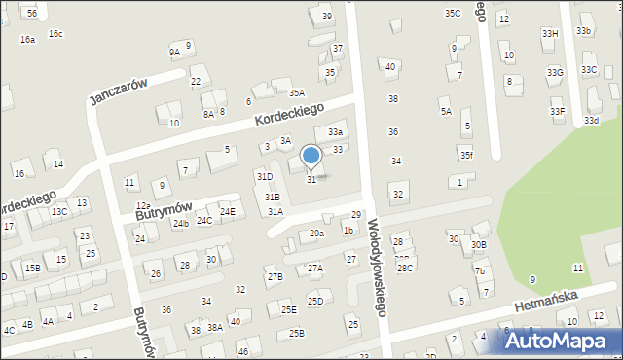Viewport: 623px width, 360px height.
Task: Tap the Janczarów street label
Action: pyautogui.click(x=117, y=91)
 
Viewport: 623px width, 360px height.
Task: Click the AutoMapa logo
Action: pyautogui.click(x=560, y=341)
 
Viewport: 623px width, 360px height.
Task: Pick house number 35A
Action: pyautogui.click(x=296, y=93)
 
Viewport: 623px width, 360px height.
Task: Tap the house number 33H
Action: pyautogui.click(x=550, y=34)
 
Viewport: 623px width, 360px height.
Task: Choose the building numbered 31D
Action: pyautogui.click(x=264, y=176)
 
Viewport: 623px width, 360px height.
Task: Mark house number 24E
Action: pyautogui.click(x=227, y=212)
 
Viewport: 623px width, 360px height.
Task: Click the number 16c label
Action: pyautogui.click(x=55, y=34)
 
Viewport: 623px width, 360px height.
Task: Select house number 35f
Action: pyautogui.click(x=467, y=155)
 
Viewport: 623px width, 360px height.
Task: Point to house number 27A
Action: pyautogui.click(x=314, y=268)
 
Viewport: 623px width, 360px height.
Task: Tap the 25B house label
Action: pyautogui.click(x=296, y=333)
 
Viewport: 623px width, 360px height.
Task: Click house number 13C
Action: pyautogui.click(x=59, y=211)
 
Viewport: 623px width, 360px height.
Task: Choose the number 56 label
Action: pyautogui.click(x=32, y=13)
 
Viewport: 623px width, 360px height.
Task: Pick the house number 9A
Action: pyautogui.click(x=174, y=53)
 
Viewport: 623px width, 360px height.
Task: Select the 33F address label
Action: pyautogui.click(x=557, y=112)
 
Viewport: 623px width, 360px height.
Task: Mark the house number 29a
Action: pyautogui.click(x=316, y=234)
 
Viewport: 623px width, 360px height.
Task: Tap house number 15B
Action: pyautogui.click(x=32, y=268)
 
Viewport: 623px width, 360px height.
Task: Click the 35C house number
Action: pyautogui.click(x=453, y=13)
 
